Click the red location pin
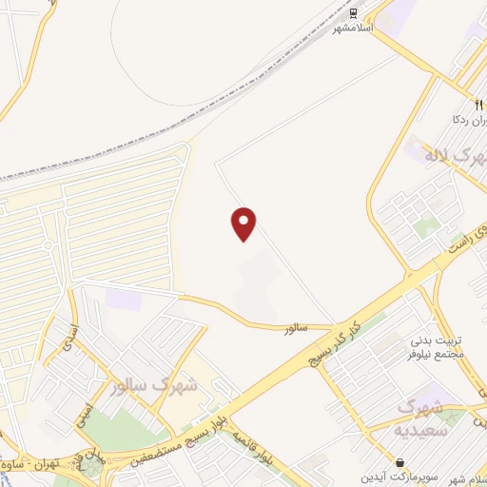click(244, 224)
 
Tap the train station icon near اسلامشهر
click(354, 13)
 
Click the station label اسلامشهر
click(352, 29)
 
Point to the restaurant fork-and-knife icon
click(478, 106)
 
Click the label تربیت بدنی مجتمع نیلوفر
click(437, 347)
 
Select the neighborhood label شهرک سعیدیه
click(421, 418)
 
